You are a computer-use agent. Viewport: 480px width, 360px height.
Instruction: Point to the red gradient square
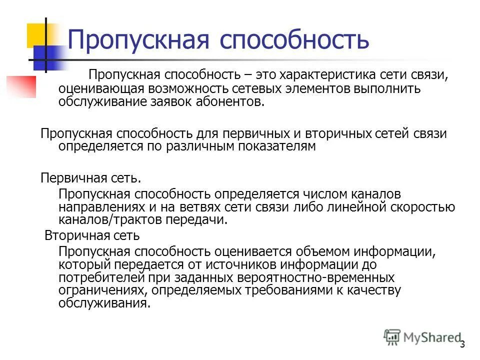(x=21, y=86)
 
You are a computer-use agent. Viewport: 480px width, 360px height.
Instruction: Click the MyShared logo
(x=422, y=337)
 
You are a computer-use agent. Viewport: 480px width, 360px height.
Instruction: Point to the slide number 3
(x=462, y=344)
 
